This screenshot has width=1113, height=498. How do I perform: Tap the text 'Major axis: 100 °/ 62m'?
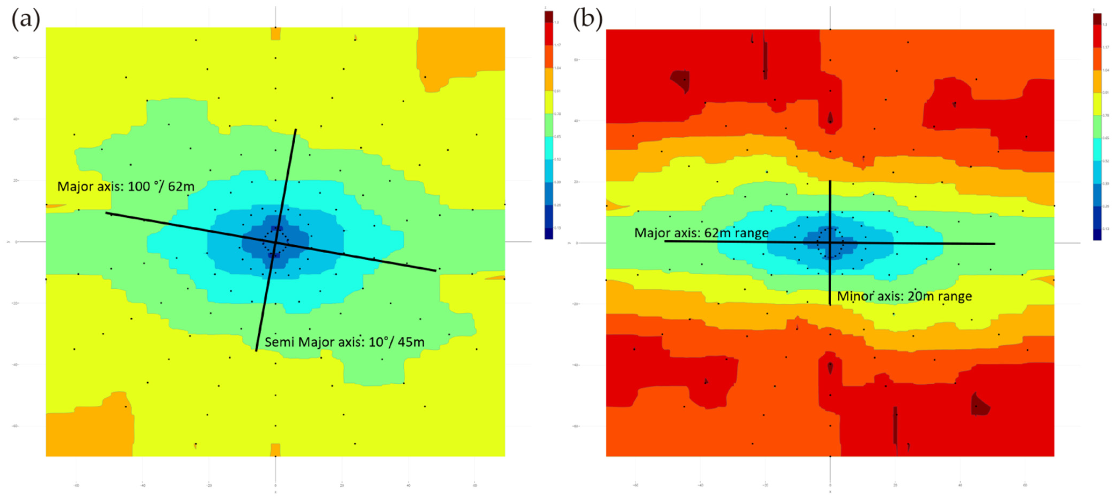pos(126,187)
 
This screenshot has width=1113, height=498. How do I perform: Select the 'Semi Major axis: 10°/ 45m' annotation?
pos(344,342)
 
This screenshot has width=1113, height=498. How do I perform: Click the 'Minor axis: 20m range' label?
pos(904,296)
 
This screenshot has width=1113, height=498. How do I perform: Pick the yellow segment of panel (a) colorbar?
pos(549,102)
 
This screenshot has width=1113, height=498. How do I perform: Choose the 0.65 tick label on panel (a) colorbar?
pos(558,136)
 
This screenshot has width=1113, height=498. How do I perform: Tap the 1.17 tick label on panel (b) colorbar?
pos(1105,47)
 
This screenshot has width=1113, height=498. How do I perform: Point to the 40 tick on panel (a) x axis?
pos(408,485)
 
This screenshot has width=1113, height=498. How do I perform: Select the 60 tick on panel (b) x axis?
pos(1025,485)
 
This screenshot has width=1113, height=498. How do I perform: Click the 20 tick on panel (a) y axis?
pos(16,180)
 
